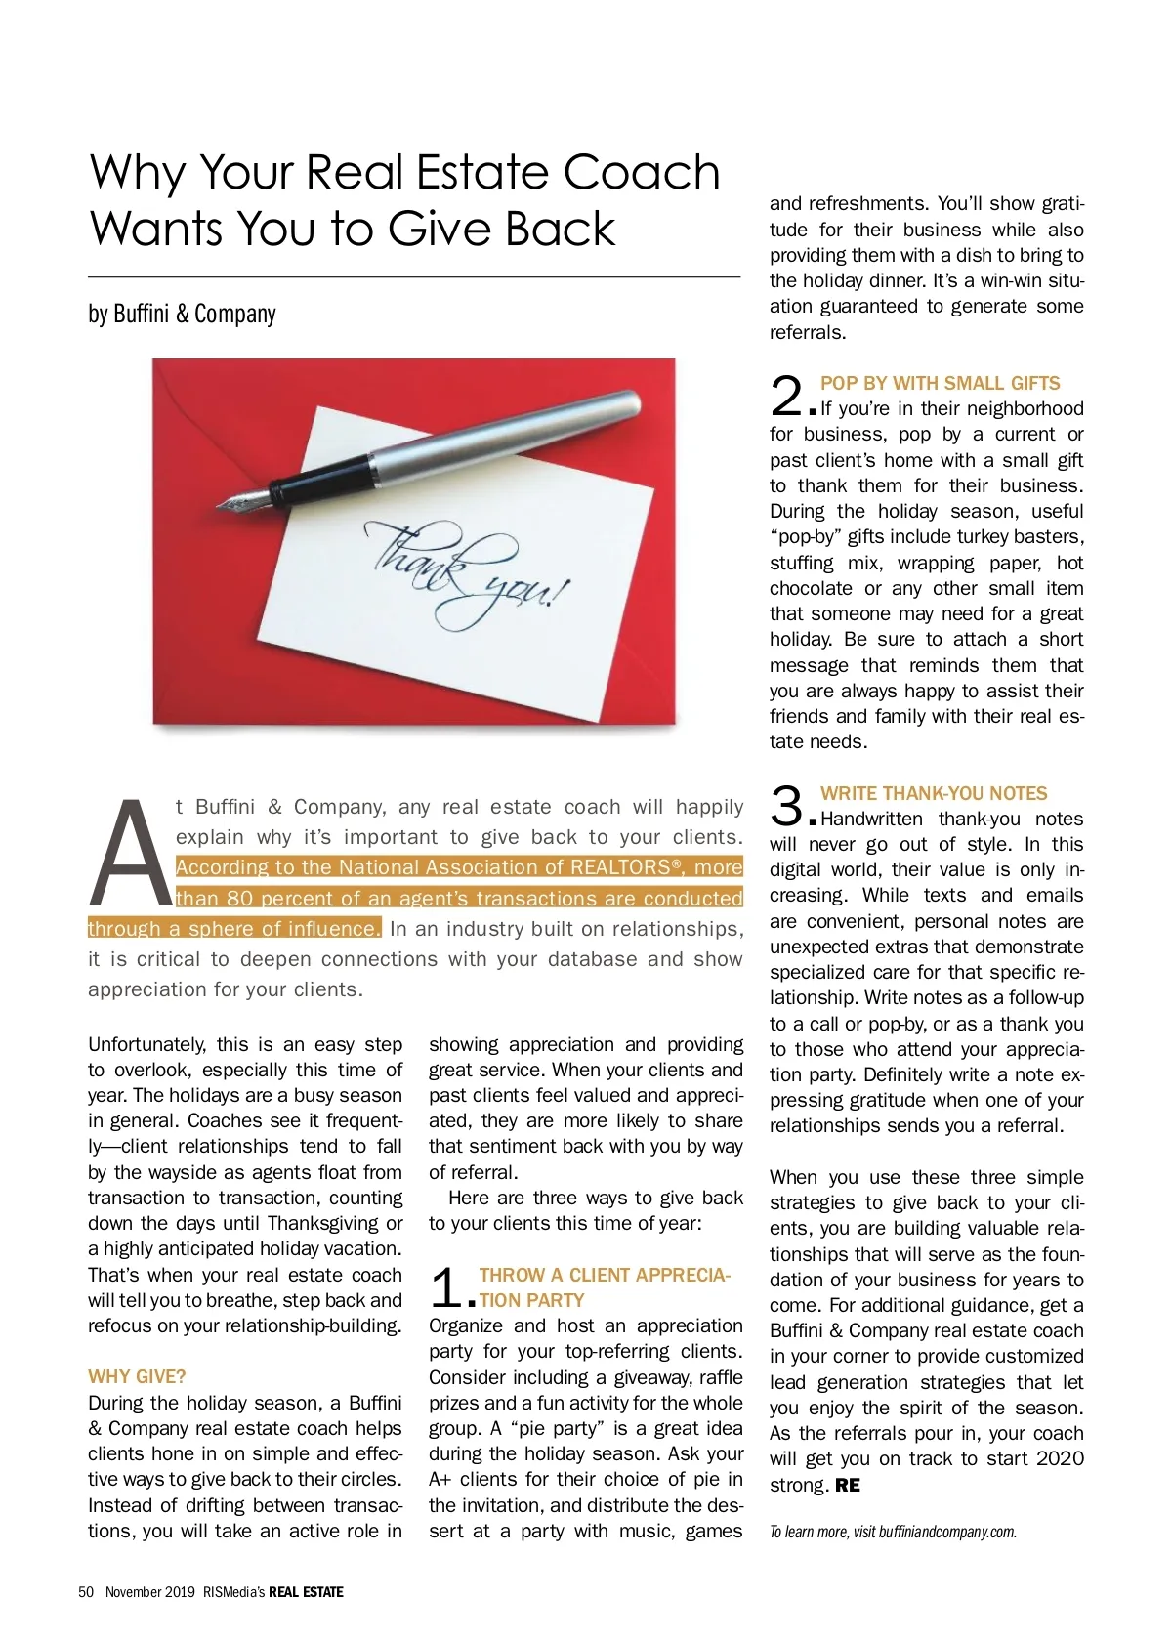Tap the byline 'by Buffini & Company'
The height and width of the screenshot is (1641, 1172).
pyautogui.click(x=182, y=314)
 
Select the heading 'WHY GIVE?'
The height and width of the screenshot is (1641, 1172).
pyautogui.click(x=137, y=1377)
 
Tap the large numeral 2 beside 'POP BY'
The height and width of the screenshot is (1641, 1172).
pyautogui.click(x=787, y=397)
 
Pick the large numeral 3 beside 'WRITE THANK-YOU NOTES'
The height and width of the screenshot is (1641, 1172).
pyautogui.click(x=787, y=807)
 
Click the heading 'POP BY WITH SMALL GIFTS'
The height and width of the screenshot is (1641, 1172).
pyautogui.click(x=940, y=384)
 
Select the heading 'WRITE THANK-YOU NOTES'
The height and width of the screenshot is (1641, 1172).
pyautogui.click(x=934, y=794)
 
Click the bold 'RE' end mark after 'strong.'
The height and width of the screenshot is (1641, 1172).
pyautogui.click(x=848, y=1486)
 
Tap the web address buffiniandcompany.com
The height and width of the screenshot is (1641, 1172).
pyautogui.click(x=947, y=1532)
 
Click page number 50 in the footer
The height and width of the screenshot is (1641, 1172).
pyautogui.click(x=86, y=1592)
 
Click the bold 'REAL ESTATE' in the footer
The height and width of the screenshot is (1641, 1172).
pyautogui.click(x=306, y=1592)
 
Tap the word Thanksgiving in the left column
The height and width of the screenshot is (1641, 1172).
pyautogui.click(x=323, y=1224)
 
